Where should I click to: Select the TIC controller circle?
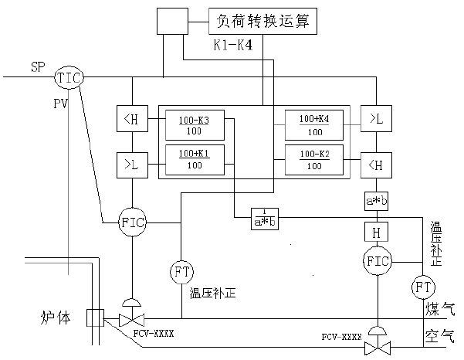point(68,76)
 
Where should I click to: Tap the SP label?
point(38,67)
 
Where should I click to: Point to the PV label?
point(63,102)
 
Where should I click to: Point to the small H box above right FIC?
point(378,231)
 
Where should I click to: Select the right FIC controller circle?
point(378,260)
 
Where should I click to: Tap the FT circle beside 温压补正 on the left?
point(181,273)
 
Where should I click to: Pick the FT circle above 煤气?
point(424,287)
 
